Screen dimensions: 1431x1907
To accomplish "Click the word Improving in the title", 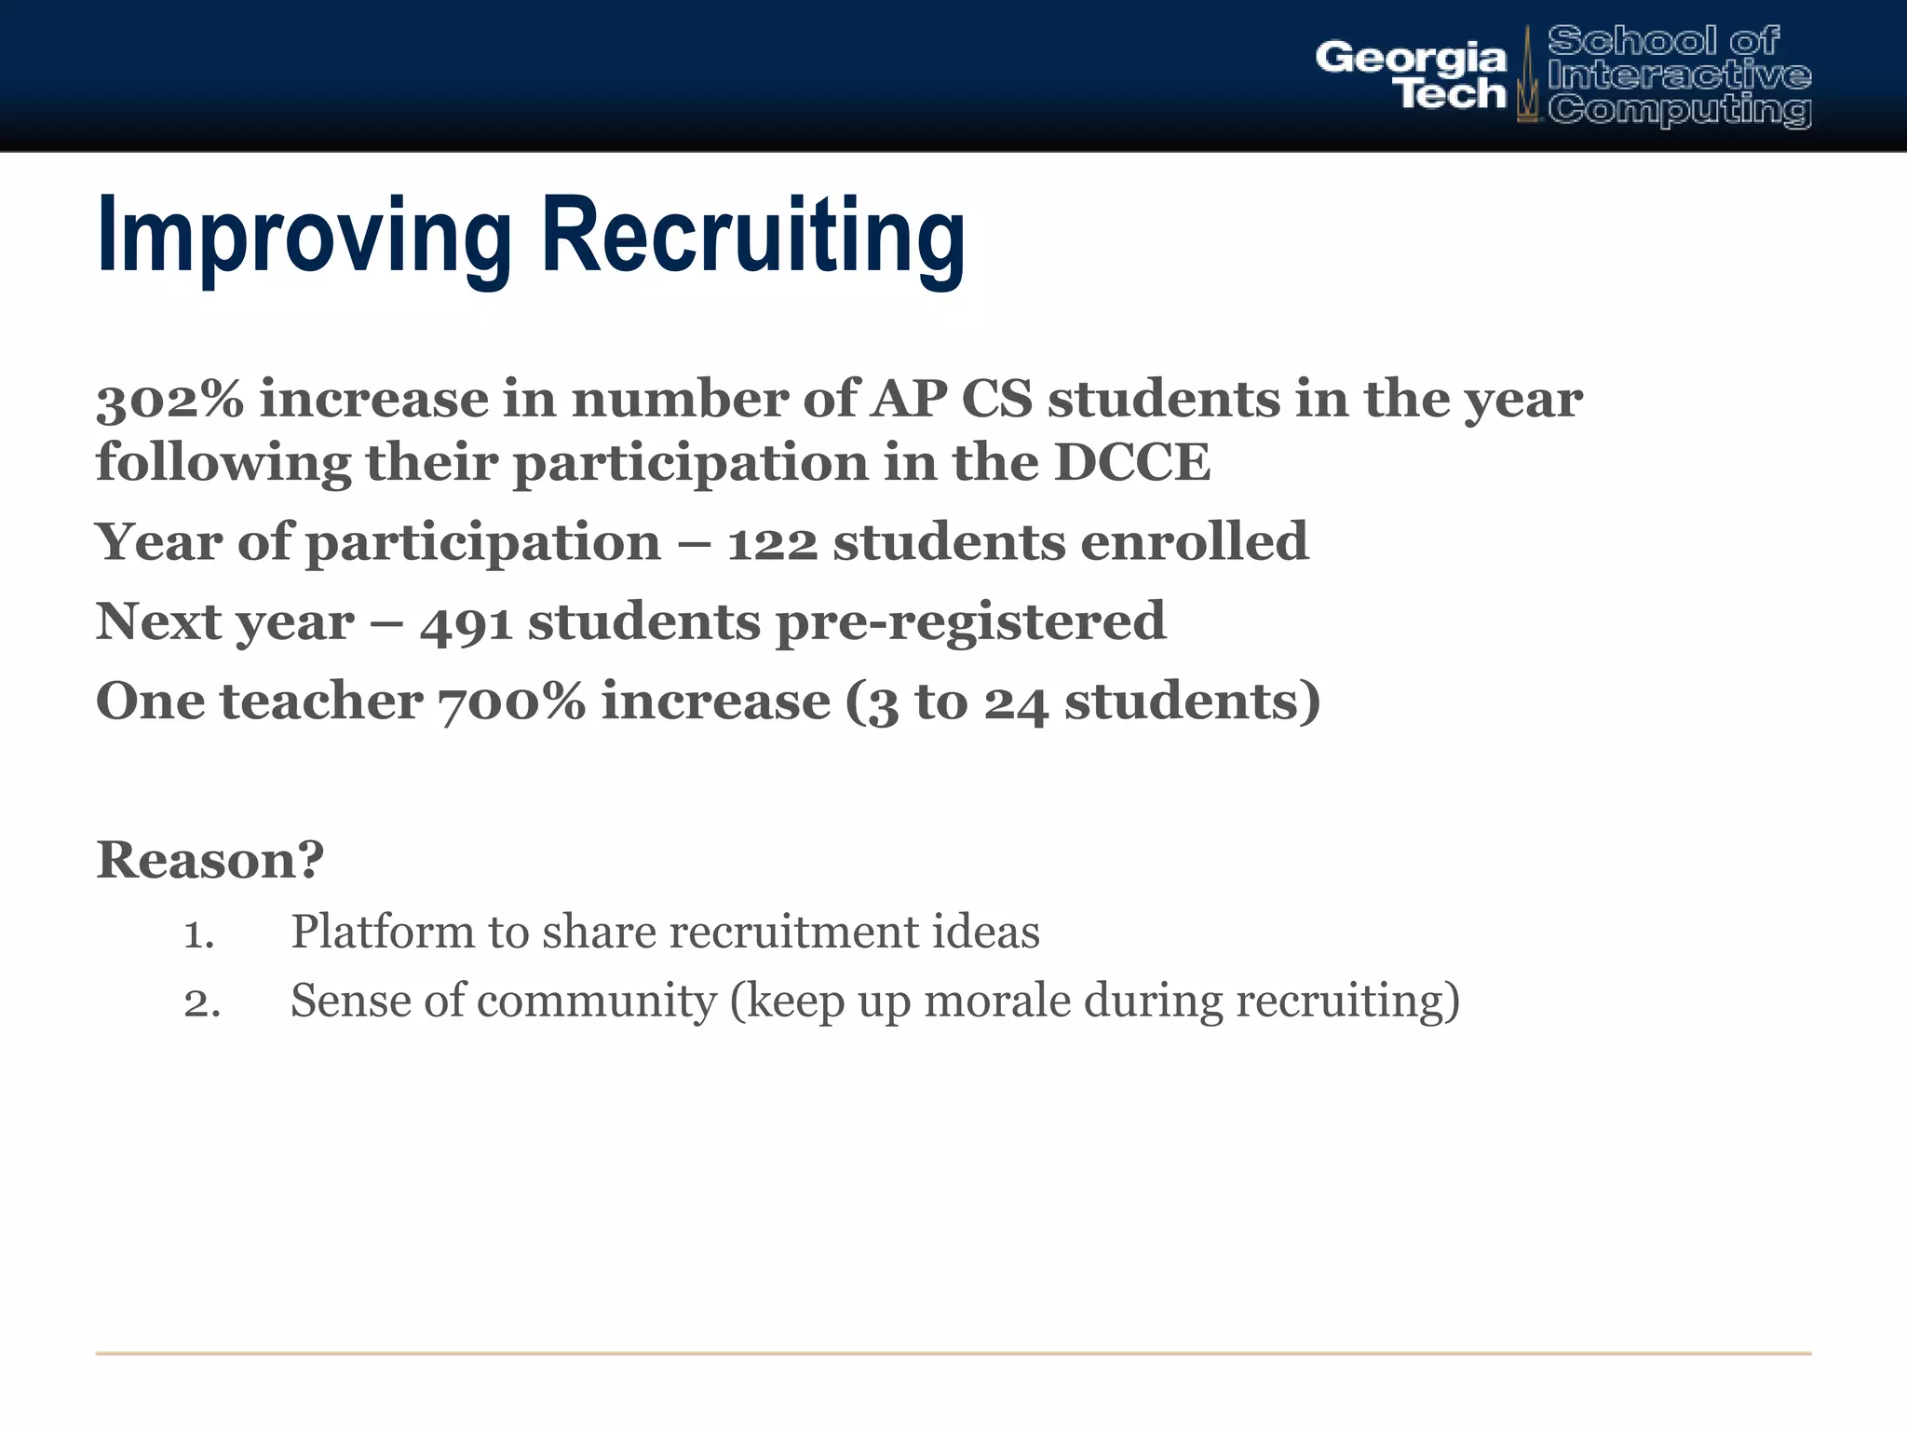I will (304, 238).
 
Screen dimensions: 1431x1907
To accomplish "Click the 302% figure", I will (169, 400).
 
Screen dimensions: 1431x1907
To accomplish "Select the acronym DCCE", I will (1131, 463).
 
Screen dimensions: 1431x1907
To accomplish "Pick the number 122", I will (772, 543).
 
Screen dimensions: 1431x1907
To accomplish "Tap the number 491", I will (466, 622).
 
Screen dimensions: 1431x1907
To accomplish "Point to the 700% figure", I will (511, 702).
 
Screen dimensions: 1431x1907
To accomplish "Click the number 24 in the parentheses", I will (1016, 703).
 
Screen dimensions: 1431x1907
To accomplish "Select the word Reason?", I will (210, 859).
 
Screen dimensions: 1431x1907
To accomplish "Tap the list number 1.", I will (198, 934).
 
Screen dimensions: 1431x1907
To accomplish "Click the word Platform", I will (383, 932).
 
